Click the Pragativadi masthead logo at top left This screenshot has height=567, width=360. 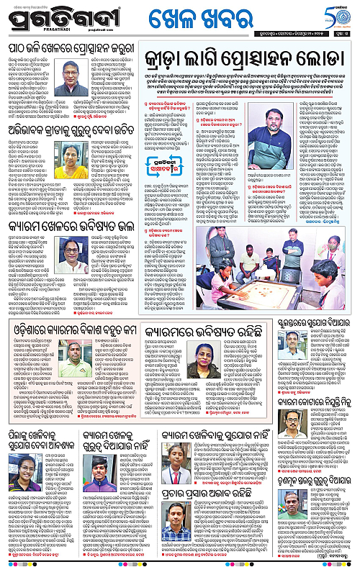click(45, 16)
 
